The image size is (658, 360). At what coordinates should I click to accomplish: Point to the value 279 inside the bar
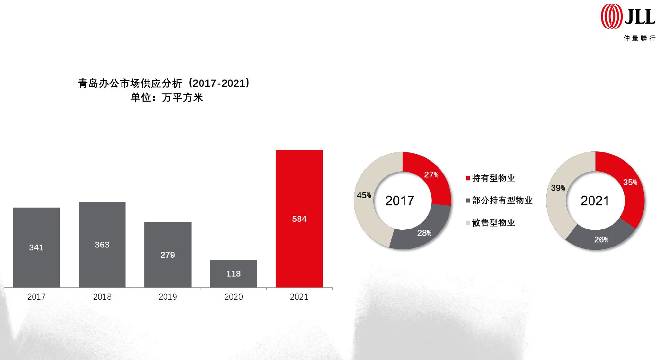click(168, 255)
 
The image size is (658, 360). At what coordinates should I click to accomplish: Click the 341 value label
click(36, 247)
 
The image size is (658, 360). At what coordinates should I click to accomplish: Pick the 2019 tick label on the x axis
click(168, 297)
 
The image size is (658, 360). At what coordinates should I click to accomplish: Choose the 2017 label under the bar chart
click(36, 297)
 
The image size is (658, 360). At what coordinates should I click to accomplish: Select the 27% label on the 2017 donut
click(431, 175)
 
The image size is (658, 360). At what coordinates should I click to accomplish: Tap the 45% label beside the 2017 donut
click(364, 195)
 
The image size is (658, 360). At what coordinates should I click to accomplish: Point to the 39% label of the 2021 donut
click(558, 188)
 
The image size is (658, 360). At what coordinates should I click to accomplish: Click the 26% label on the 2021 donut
click(601, 240)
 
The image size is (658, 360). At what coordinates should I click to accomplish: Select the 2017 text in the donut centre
click(399, 201)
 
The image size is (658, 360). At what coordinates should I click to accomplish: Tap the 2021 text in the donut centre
click(595, 201)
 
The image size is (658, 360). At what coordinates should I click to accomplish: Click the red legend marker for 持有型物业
click(468, 178)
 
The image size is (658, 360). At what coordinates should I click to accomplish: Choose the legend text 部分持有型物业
click(502, 200)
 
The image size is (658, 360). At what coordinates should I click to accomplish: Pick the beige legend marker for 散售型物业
click(468, 223)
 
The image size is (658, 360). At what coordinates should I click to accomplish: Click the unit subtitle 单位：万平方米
click(166, 98)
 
